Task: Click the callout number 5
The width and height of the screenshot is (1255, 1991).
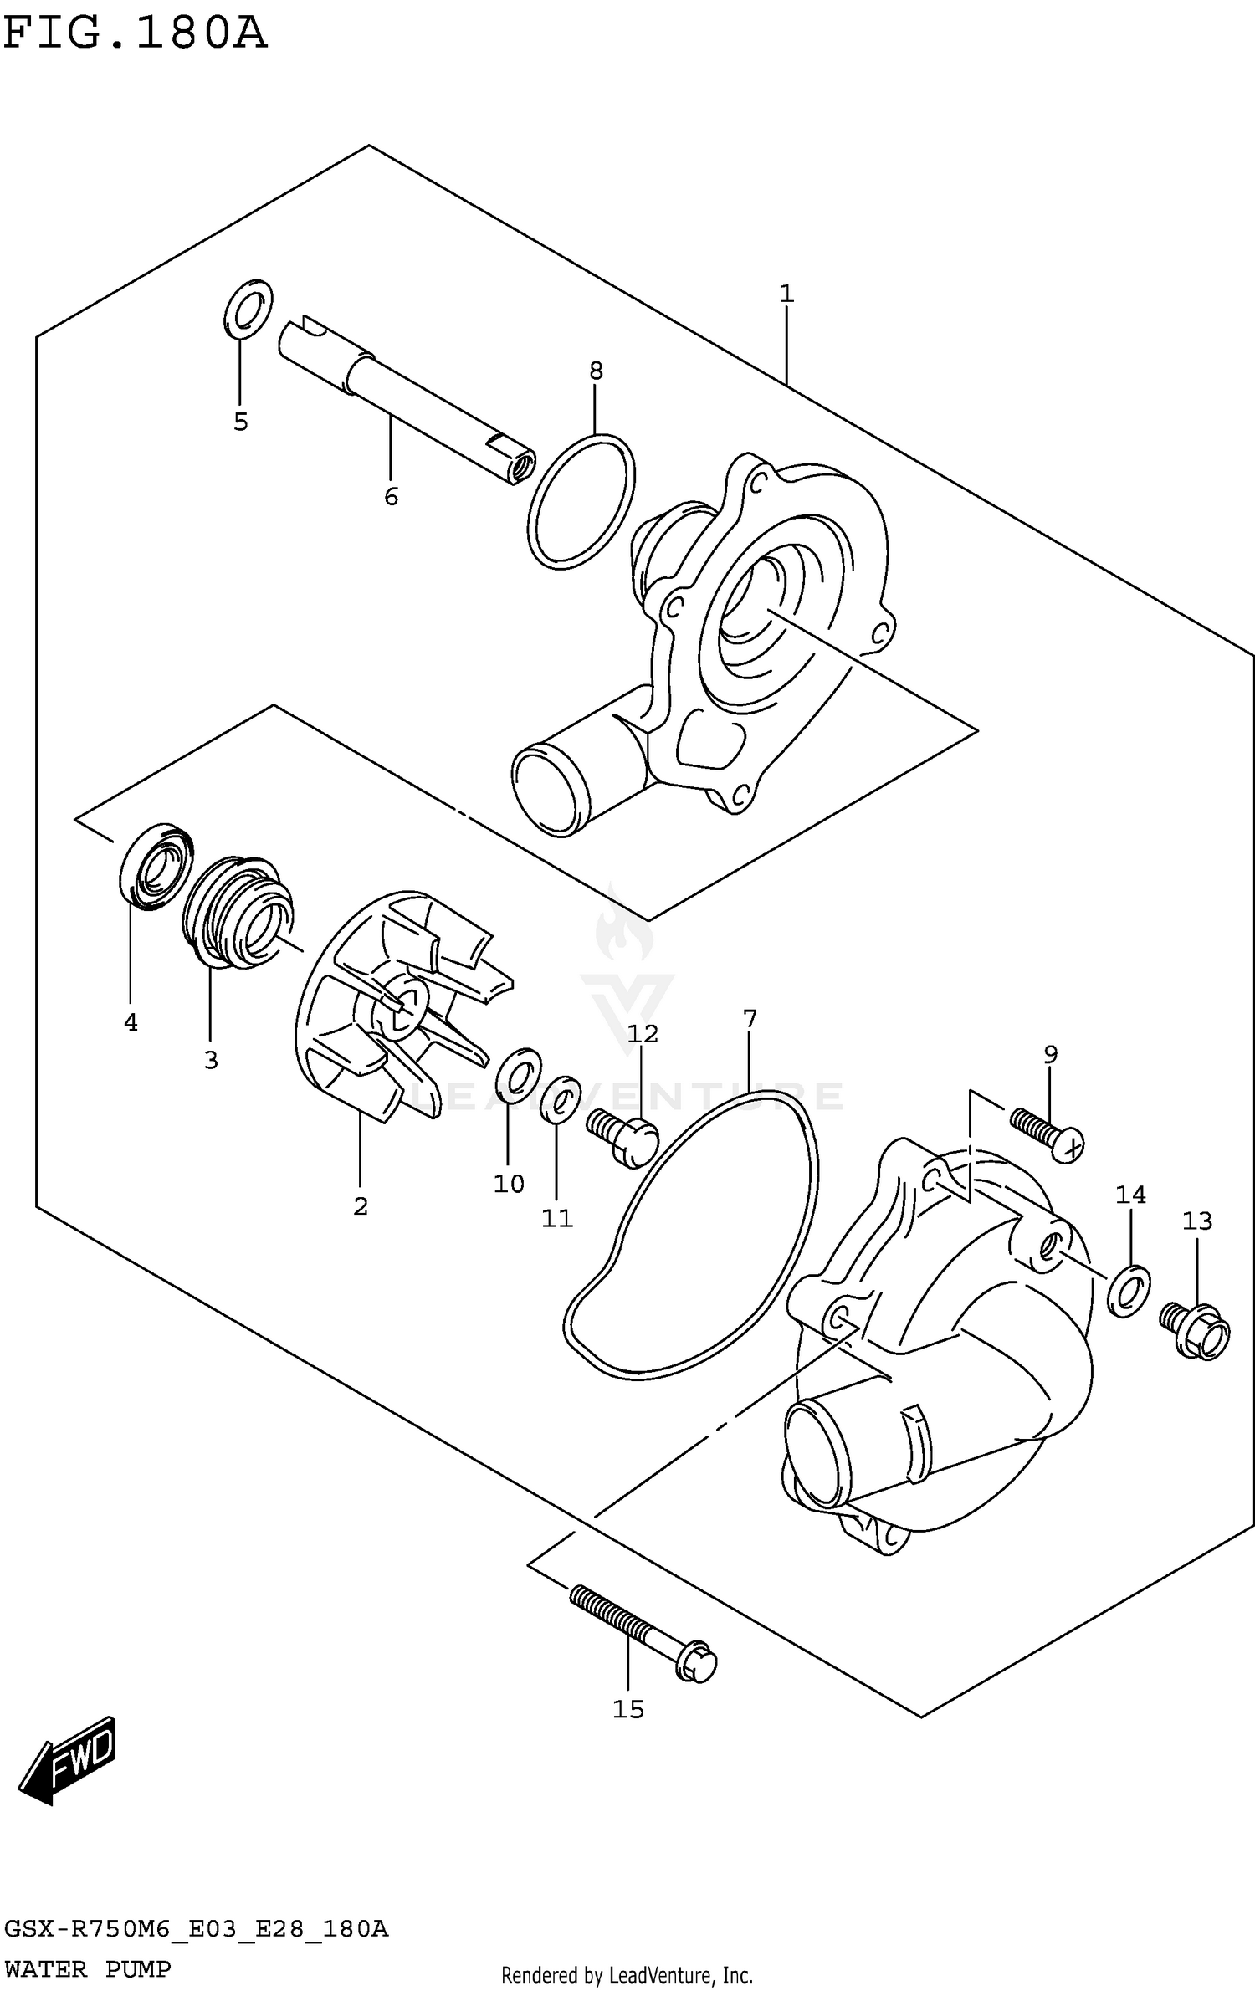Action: [241, 422]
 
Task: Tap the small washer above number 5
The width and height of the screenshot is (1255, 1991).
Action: [248, 309]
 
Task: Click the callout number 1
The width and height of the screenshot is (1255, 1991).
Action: [786, 294]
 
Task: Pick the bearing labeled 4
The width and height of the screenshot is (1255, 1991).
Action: [156, 868]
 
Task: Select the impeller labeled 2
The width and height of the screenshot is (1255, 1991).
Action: [393, 1004]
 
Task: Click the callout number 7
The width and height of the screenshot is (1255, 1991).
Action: [750, 1019]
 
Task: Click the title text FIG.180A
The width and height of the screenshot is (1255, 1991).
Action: [134, 33]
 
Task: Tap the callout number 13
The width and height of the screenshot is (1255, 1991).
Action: [1196, 1221]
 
